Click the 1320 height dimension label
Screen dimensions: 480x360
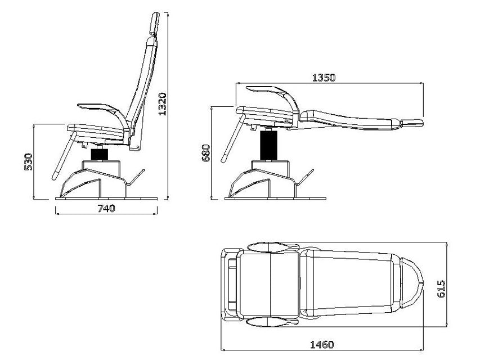[163, 104]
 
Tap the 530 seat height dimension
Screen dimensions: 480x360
[28, 161]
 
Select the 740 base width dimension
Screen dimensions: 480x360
[106, 209]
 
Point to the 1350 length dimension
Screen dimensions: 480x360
[324, 78]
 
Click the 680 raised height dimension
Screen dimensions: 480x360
[207, 153]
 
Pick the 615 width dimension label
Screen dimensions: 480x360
[441, 289]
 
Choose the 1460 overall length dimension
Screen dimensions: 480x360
[322, 345]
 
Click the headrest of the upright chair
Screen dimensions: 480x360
[155, 23]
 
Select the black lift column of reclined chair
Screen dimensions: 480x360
[268, 145]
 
